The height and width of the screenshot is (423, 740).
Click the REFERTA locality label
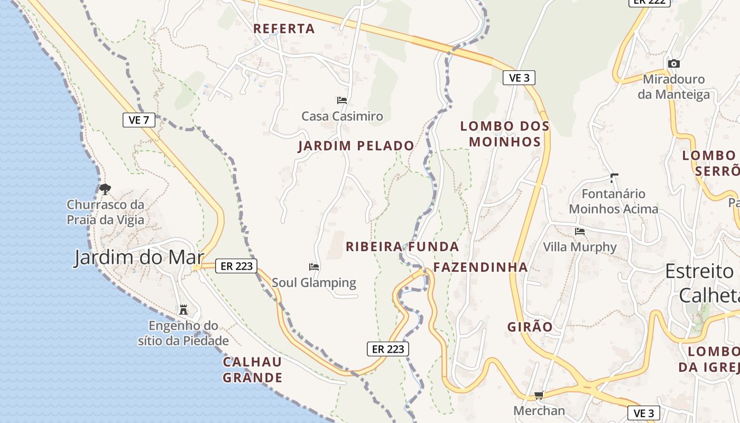tap(284, 29)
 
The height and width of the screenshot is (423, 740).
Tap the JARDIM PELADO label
tap(356, 145)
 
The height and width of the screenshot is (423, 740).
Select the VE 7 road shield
tap(138, 120)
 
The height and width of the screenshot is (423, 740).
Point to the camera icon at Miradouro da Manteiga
tap(673, 63)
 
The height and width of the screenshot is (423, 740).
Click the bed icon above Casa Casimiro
tap(342, 100)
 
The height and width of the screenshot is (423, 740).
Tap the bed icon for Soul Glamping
tap(314, 267)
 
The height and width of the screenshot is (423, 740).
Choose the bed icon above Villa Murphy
tap(580, 231)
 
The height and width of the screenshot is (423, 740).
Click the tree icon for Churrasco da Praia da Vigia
tap(105, 188)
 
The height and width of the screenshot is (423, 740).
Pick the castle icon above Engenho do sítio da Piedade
tap(183, 309)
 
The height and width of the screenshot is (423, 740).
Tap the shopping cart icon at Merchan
tap(539, 395)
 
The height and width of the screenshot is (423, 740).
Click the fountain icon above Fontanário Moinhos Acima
tap(614, 178)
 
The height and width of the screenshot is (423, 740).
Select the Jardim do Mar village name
tap(138, 258)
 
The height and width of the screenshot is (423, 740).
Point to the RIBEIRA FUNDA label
tap(402, 246)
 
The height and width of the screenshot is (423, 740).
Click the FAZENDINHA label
tap(480, 267)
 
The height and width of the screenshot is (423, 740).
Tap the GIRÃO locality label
tap(530, 327)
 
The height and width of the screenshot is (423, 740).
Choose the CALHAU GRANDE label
tap(252, 370)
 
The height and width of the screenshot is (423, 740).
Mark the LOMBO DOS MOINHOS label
tap(505, 134)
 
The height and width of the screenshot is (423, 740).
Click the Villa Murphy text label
tap(580, 247)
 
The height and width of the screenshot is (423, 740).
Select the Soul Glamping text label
tap(314, 282)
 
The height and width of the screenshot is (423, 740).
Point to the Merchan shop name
tap(539, 410)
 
